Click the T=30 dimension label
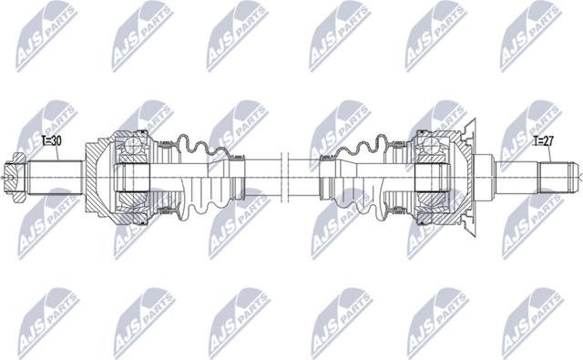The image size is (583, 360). pyautogui.click(x=53, y=141)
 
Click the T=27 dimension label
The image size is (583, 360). pyautogui.click(x=543, y=141)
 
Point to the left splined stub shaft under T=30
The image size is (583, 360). pyautogui.click(x=55, y=171)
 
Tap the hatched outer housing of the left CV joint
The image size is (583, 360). pyautogui.click(x=97, y=150)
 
